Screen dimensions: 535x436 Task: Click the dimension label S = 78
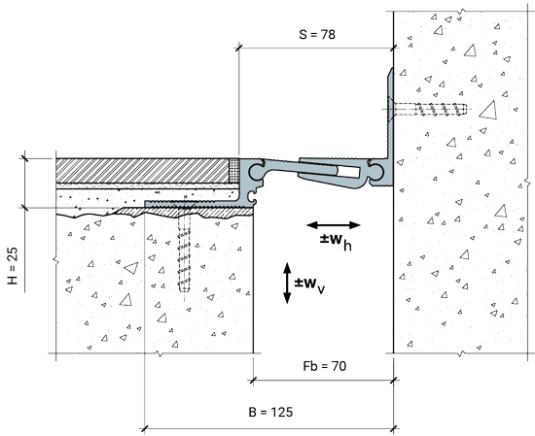tap(317, 34)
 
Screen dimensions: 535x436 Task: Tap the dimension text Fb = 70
tap(325, 366)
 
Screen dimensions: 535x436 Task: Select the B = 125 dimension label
tap(270, 412)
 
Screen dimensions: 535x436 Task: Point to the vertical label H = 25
tap(13, 266)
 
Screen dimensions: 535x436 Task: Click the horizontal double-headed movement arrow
tap(334, 225)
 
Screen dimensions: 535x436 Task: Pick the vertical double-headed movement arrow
tap(287, 283)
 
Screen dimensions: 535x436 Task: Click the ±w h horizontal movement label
tap(336, 241)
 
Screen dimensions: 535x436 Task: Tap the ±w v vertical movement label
tap(309, 285)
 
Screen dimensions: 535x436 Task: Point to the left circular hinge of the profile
tap(257, 171)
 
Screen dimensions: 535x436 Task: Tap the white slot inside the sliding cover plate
tap(348, 172)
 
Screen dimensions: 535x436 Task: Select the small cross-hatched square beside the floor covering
tap(234, 171)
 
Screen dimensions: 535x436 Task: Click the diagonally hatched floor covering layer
tap(143, 171)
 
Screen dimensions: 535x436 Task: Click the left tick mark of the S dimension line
tap(238, 48)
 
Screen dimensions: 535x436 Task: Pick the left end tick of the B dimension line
tap(145, 428)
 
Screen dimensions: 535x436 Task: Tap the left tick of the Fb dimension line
tap(253, 380)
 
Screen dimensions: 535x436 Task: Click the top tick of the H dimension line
tap(24, 158)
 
